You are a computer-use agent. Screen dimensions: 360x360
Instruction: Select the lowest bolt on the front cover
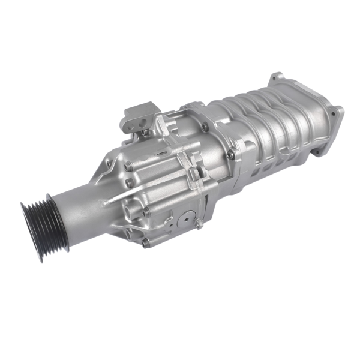point(145,242)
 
